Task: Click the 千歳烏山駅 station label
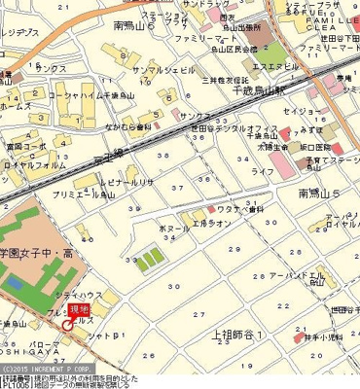click(257, 89)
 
